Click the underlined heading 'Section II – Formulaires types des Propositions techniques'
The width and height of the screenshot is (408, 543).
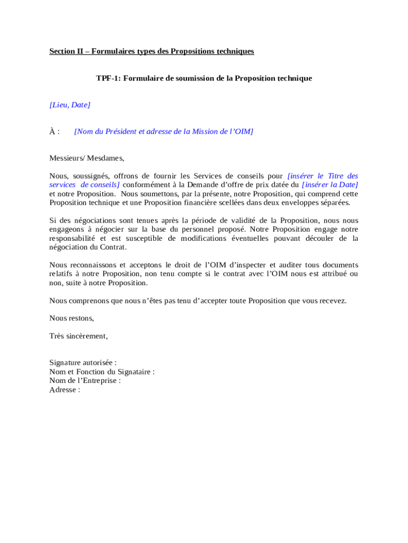[152, 51]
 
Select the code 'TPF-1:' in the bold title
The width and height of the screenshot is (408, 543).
[109, 78]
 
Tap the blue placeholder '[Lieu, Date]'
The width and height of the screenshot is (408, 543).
[70, 105]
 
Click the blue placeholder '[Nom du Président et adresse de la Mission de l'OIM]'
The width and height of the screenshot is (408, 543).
[164, 132]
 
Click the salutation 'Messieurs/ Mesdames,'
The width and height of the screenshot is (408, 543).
[86, 158]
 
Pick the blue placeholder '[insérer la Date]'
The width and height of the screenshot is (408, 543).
[330, 185]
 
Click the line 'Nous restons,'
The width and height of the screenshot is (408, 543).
[72, 318]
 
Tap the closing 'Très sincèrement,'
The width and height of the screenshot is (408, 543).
[78, 336]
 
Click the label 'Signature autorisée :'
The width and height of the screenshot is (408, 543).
[83, 363]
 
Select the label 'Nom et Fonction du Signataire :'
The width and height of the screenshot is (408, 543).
[102, 372]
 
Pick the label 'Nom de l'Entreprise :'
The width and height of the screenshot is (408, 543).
[85, 381]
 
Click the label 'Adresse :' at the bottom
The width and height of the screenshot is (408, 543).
[65, 390]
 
